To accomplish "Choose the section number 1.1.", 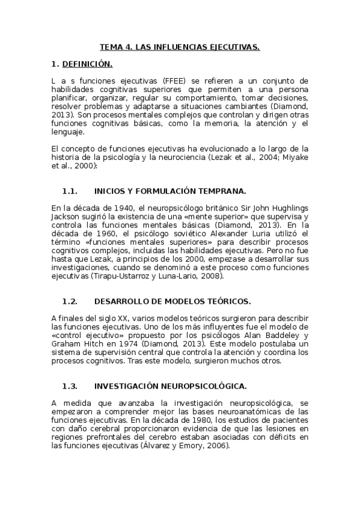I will [70, 191].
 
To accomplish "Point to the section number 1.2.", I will [70, 301].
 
